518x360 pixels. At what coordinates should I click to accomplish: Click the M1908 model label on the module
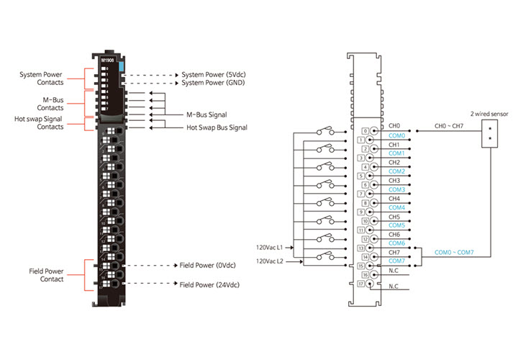click(109, 61)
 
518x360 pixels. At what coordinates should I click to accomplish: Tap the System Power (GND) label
click(214, 83)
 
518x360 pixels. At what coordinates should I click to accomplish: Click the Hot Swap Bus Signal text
click(217, 127)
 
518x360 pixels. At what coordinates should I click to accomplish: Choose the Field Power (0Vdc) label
click(209, 265)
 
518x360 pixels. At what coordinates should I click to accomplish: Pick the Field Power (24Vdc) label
click(210, 285)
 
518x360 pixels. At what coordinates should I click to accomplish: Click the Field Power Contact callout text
click(51, 274)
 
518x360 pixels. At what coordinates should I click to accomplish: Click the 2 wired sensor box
click(491, 135)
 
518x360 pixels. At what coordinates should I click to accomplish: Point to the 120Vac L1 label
click(271, 247)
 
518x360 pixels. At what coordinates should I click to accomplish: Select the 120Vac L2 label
click(271, 261)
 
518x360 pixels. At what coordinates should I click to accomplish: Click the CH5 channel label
click(394, 217)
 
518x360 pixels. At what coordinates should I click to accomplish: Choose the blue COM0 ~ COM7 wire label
click(454, 252)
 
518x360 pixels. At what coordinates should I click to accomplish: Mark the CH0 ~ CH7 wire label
click(450, 126)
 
